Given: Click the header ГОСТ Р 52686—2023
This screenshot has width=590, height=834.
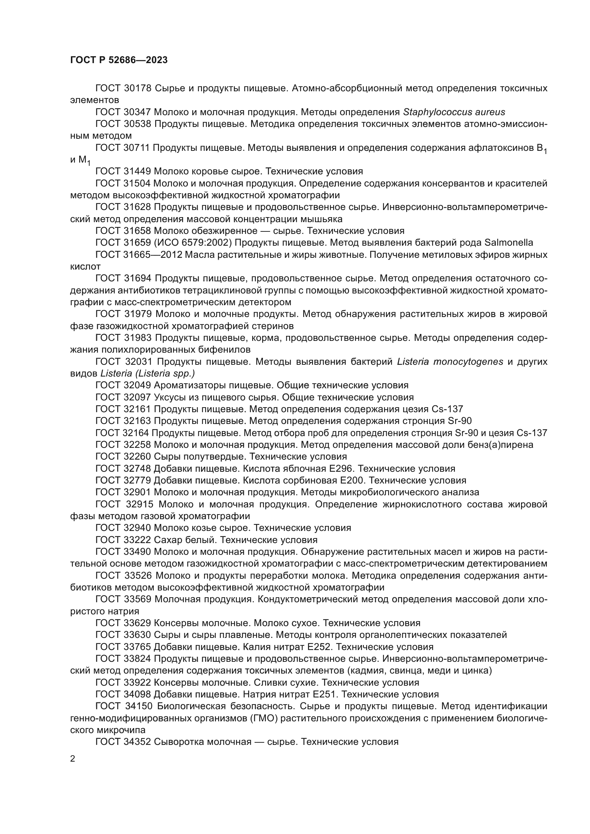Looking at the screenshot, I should click(119, 60).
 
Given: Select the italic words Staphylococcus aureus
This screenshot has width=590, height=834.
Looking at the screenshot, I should click(454, 112).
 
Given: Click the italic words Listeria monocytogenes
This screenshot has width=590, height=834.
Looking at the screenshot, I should click(450, 362).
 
